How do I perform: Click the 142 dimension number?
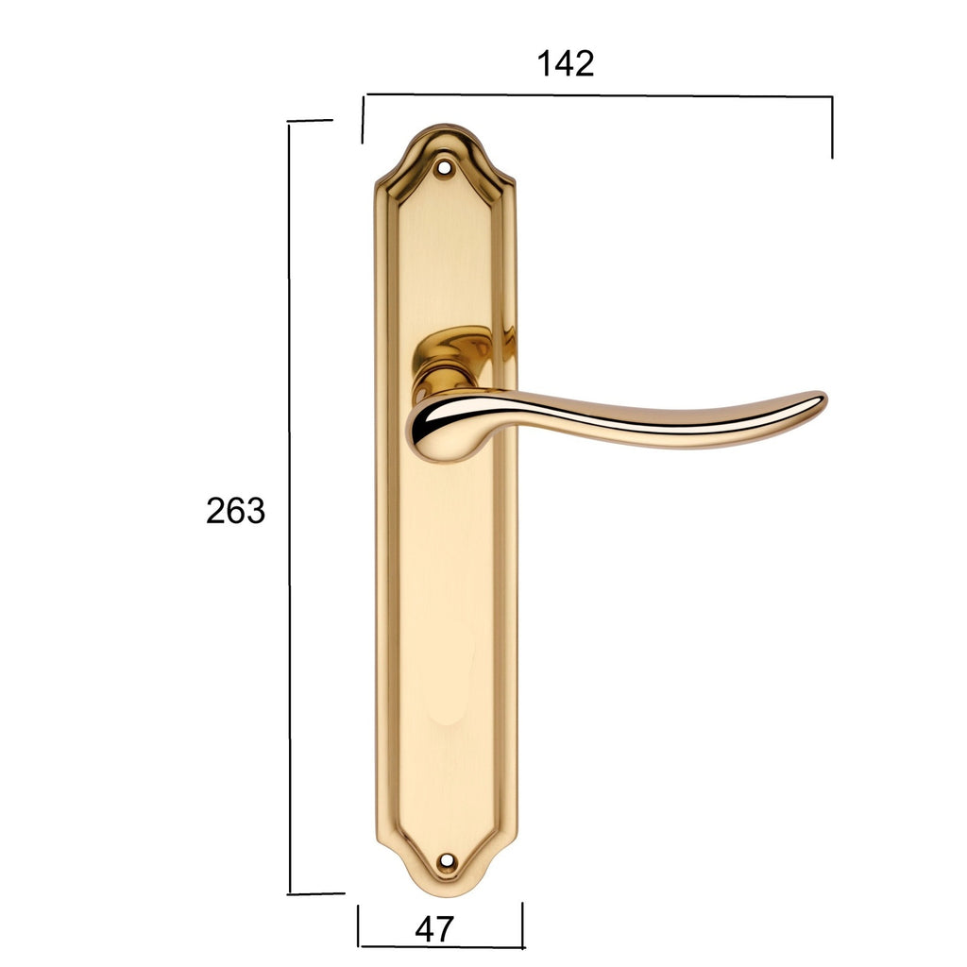click(x=566, y=63)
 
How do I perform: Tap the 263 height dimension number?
click(x=235, y=511)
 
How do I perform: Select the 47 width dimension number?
click(x=434, y=929)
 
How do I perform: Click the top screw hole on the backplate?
click(x=443, y=166)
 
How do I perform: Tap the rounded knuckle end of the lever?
click(x=432, y=429)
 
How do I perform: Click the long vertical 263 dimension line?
click(x=289, y=507)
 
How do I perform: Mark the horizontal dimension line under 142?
click(x=598, y=95)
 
